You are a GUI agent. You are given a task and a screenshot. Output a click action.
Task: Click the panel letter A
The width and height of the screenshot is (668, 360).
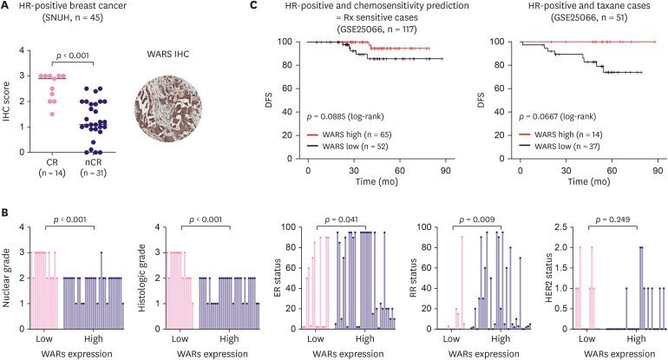click(7, 6)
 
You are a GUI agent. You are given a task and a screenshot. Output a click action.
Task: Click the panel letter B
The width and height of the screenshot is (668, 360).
click(7, 211)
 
